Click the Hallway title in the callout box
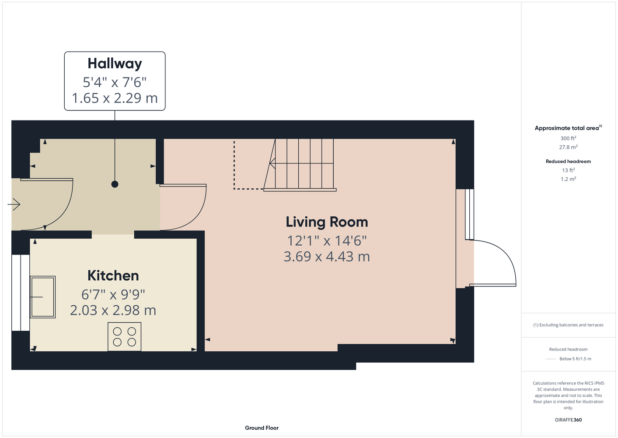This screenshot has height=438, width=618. pyautogui.click(x=115, y=64)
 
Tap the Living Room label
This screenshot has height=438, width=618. pyautogui.click(x=327, y=222)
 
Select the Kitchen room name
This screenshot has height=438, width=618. pyautogui.click(x=113, y=276)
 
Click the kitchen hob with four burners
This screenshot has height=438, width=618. pyautogui.click(x=124, y=336)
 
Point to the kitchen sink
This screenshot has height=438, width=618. pyautogui.click(x=43, y=297)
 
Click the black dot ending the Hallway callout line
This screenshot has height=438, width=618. pyautogui.click(x=115, y=184)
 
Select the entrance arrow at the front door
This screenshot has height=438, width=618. pyautogui.click(x=14, y=205)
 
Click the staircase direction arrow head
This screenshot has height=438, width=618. pyautogui.click(x=272, y=163)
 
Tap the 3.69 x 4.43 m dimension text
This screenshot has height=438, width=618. pyautogui.click(x=327, y=256)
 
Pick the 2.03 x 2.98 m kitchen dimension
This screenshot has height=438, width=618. pyautogui.click(x=113, y=310)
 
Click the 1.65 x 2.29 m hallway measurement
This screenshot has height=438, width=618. pyautogui.click(x=115, y=98)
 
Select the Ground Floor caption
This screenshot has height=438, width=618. pyautogui.click(x=262, y=428)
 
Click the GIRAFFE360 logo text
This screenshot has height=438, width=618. pyautogui.click(x=568, y=420)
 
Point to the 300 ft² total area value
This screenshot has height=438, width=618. pyautogui.click(x=568, y=138)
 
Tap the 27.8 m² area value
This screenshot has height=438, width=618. pyautogui.click(x=568, y=147)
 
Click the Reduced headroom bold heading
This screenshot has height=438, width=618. pyautogui.click(x=568, y=161)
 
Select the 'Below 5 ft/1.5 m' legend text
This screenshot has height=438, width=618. pyautogui.click(x=575, y=359)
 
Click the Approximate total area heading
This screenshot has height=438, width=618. pyautogui.click(x=567, y=128)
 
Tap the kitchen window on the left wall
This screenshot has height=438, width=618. pyautogui.click(x=21, y=293)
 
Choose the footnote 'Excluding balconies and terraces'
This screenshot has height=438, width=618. pyautogui.click(x=568, y=325)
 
